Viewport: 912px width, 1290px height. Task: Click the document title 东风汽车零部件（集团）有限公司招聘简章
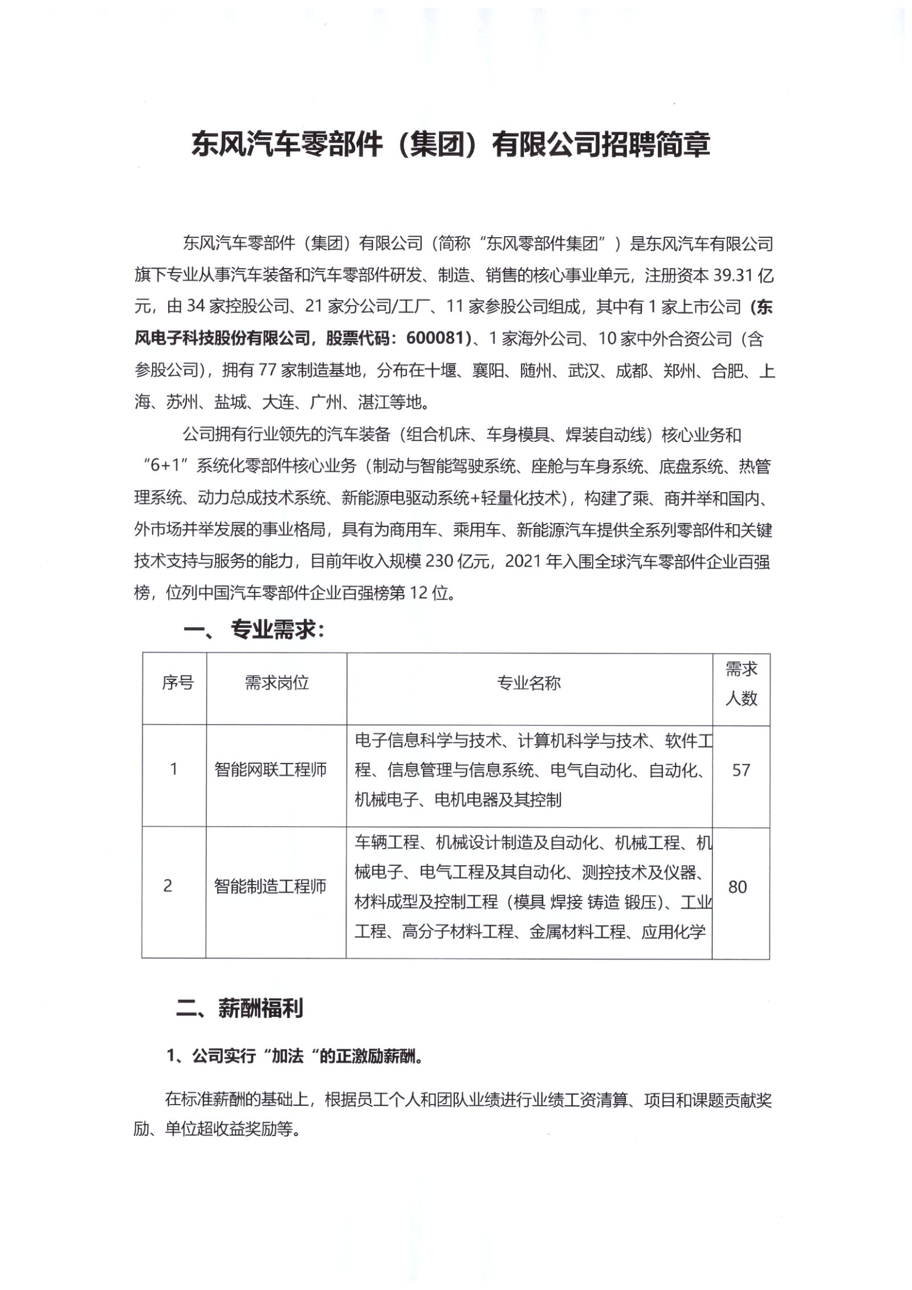tap(450, 144)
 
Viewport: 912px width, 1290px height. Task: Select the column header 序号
tap(177, 683)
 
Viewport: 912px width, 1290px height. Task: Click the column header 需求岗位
tap(276, 683)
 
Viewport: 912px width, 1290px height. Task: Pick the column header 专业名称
tap(529, 683)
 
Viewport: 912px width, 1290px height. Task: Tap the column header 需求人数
tap(741, 684)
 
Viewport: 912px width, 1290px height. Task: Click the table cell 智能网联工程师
tap(270, 770)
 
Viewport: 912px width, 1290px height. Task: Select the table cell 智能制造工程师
tap(270, 886)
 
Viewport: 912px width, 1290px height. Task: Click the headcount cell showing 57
tap(740, 770)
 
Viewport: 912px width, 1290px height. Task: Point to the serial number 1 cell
tap(173, 770)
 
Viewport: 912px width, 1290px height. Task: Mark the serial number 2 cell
tap(168, 886)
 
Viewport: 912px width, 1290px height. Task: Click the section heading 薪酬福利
tap(260, 1008)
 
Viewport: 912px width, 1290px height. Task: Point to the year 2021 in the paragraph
tap(522, 562)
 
